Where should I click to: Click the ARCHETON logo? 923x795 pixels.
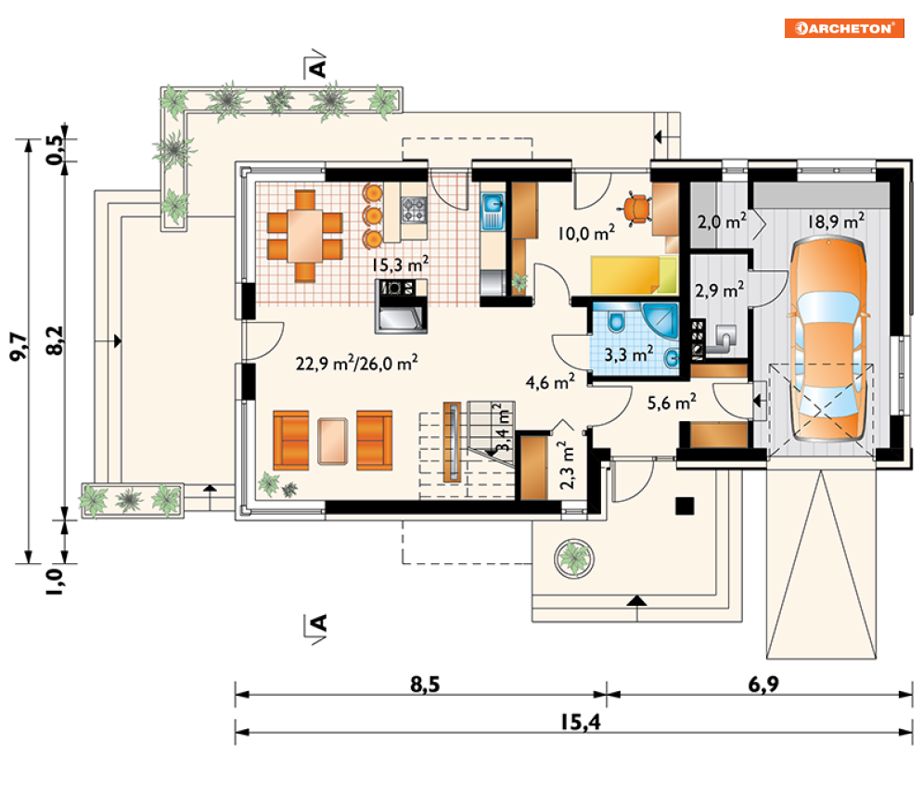click(x=844, y=28)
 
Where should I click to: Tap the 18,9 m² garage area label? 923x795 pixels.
click(x=836, y=222)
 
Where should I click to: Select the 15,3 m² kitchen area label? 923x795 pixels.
click(x=400, y=264)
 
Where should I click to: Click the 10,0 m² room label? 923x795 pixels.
click(x=586, y=233)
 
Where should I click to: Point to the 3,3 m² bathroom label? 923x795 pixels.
click(x=629, y=353)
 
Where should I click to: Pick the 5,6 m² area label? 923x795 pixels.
click(x=672, y=402)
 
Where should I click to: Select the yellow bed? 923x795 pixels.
click(x=635, y=275)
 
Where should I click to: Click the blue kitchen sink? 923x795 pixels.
click(x=492, y=212)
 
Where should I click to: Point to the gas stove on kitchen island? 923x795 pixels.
click(x=414, y=210)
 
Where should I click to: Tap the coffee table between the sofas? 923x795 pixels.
click(x=333, y=441)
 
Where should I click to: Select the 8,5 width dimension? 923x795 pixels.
click(x=425, y=685)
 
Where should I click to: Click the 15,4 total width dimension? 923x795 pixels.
click(x=581, y=722)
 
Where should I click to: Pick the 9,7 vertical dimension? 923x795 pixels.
click(x=18, y=347)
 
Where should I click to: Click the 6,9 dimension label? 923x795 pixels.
click(x=763, y=685)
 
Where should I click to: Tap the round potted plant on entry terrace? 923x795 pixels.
click(x=574, y=558)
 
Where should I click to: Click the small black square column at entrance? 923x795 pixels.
click(x=685, y=506)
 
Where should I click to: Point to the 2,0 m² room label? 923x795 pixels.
click(x=722, y=222)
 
